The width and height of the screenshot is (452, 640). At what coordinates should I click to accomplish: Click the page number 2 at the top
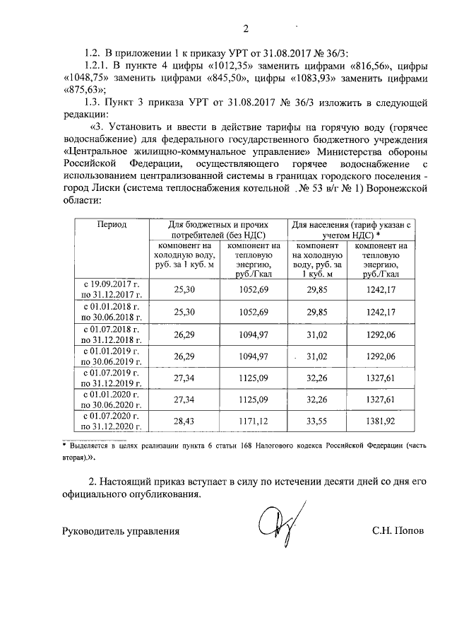point(246,28)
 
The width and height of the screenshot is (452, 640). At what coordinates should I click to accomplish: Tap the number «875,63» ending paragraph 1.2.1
point(83,90)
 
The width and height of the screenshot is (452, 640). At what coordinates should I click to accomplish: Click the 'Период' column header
point(112,224)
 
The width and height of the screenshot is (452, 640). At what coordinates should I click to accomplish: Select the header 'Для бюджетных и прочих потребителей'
point(217,229)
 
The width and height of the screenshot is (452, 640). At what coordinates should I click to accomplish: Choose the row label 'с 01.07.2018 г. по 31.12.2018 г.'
point(112,334)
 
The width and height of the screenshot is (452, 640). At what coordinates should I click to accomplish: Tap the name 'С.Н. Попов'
point(399,530)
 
